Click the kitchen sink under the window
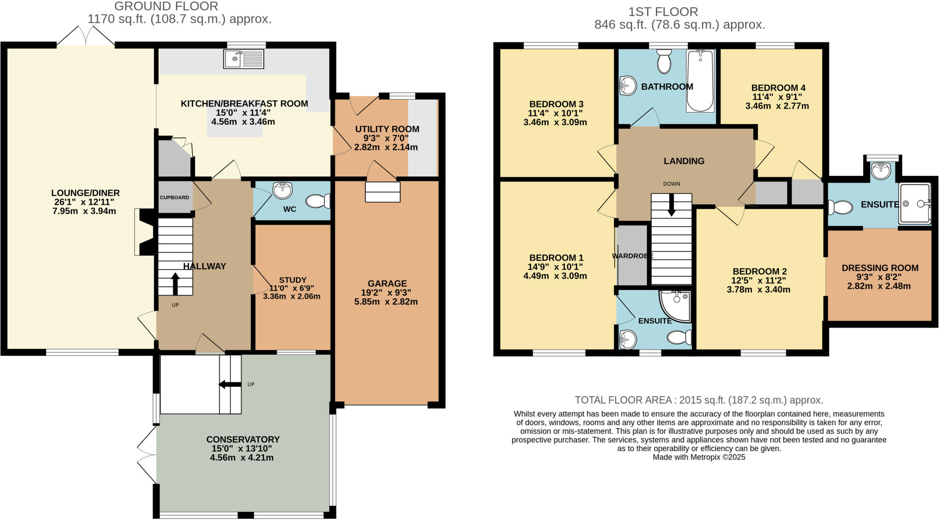click(x=243, y=59)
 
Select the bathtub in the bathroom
click(x=700, y=81)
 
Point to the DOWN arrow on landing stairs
click(x=671, y=205)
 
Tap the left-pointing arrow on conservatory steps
click(x=229, y=384)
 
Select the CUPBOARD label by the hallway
click(x=174, y=197)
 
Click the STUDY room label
click(x=293, y=280)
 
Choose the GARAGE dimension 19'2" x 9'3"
click(x=387, y=292)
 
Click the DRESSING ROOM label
click(x=879, y=268)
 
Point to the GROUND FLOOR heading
click(x=166, y=6)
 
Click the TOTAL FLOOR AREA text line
click(x=699, y=400)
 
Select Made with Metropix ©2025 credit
click(x=699, y=457)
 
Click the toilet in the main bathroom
click(x=664, y=62)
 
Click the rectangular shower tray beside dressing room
click(x=914, y=203)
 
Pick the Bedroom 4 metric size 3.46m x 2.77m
click(x=777, y=106)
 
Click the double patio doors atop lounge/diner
click(x=85, y=37)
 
